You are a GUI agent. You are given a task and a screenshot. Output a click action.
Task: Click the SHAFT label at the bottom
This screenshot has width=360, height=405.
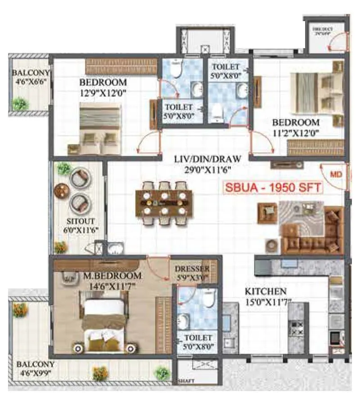tap(186, 381)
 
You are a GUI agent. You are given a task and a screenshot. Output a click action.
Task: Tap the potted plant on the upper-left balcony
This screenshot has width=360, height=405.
tap(19, 104)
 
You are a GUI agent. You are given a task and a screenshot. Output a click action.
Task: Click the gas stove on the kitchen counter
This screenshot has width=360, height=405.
tap(297, 328)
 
